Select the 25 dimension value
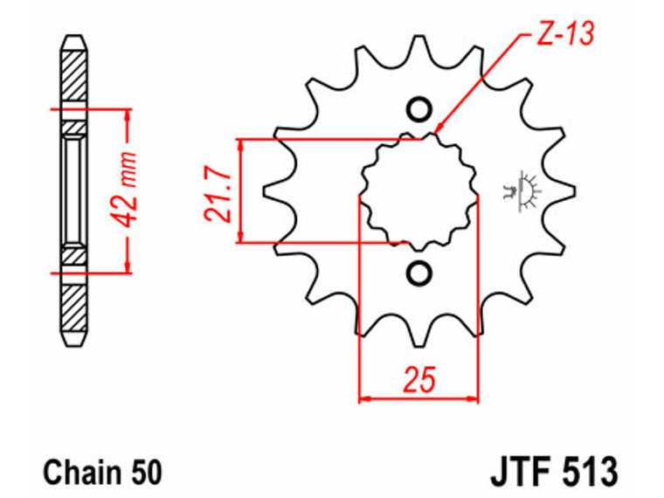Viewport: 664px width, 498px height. coord(419,379)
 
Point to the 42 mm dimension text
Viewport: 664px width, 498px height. coord(124,190)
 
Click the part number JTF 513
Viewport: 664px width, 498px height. coord(554,471)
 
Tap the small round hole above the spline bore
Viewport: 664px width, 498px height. coord(419,110)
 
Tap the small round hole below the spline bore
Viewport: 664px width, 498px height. coord(419,273)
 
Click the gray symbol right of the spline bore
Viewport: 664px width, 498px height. coord(522,191)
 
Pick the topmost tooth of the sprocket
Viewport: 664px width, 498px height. coord(419,45)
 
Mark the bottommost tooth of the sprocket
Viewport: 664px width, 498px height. coord(419,335)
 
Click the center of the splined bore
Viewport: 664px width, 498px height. coord(419,191)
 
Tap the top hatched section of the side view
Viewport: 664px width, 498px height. coord(75,75)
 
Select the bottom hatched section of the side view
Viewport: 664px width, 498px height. coord(75,308)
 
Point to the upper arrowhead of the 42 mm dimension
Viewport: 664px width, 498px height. coord(128,114)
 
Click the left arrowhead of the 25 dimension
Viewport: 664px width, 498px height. coord(364,398)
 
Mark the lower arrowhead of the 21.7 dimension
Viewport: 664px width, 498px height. coord(241,237)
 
